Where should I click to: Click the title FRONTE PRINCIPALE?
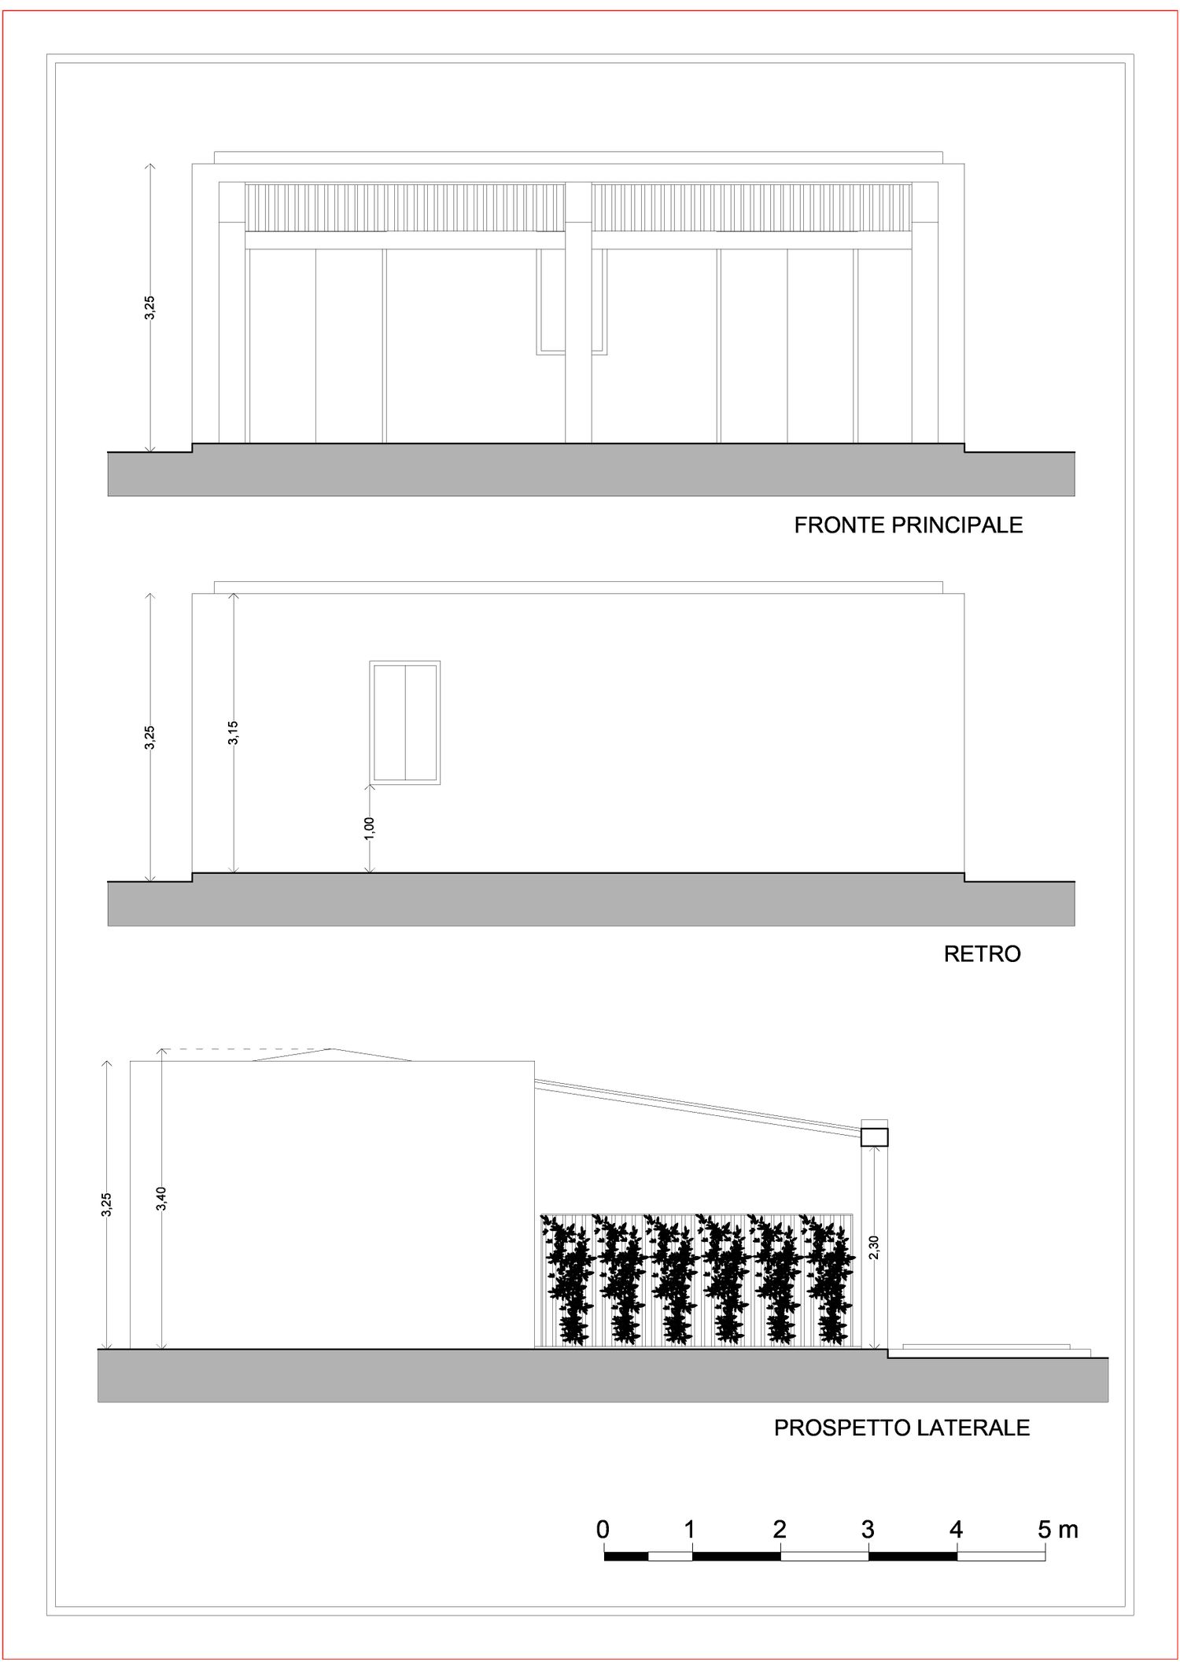908,525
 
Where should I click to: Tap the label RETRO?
982,954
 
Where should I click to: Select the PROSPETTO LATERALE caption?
902,1428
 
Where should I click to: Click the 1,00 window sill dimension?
370,828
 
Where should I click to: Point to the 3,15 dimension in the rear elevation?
233,732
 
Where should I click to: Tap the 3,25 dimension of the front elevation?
149,308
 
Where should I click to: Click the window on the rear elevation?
405,723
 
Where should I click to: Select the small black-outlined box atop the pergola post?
874,1137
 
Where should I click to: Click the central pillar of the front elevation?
578,312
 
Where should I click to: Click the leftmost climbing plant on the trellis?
566,1279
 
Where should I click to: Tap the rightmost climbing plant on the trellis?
827,1279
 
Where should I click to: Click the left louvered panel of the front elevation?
405,208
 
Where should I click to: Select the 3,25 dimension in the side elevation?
106,1205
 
